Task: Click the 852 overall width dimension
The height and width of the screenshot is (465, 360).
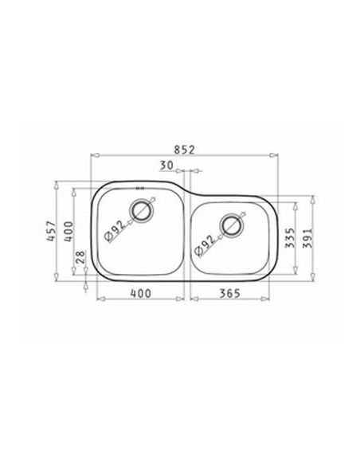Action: pos(185,150)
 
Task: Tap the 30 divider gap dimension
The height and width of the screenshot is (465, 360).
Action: pos(166,166)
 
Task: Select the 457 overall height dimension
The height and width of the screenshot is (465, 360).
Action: pos(51,231)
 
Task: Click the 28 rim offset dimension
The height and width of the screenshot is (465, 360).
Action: pos(80,257)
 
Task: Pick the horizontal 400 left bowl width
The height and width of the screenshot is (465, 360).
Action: pos(141,294)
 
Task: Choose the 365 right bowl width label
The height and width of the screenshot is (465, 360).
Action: pos(229,294)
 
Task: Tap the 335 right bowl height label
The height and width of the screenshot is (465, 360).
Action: pos(290,237)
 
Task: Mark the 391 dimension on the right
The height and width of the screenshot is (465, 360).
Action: pos(307,238)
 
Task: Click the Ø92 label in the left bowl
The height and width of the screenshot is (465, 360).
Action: pos(115,232)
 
